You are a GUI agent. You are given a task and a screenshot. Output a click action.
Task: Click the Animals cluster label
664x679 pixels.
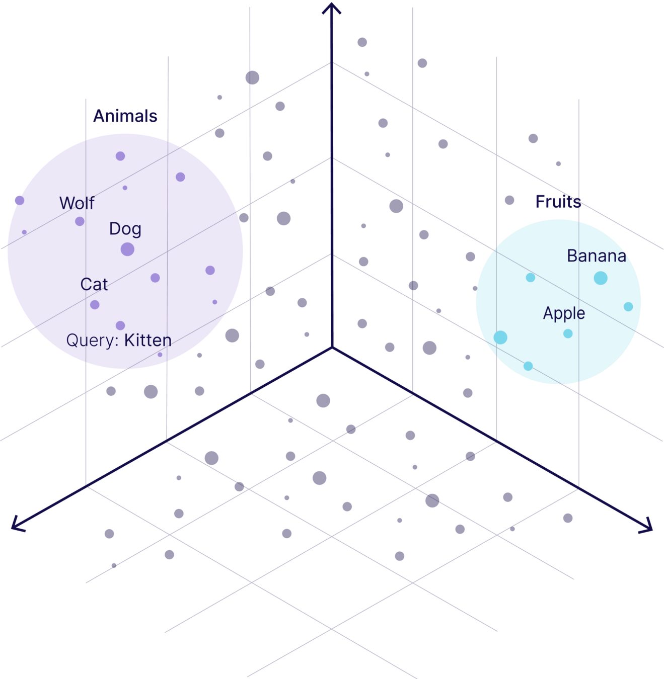pyautogui.click(x=125, y=116)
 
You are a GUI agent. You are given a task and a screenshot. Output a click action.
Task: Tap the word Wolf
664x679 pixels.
pyautogui.click(x=77, y=203)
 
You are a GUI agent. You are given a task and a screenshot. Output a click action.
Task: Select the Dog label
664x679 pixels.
pyautogui.click(x=125, y=229)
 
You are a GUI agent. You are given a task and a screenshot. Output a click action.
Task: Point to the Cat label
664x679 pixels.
pyautogui.click(x=94, y=284)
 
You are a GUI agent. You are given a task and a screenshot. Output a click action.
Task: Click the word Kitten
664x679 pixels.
pyautogui.click(x=147, y=340)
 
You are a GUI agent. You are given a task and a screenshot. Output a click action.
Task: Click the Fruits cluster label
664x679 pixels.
pyautogui.click(x=558, y=202)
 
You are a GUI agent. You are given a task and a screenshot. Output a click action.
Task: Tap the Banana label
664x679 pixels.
pyautogui.click(x=597, y=256)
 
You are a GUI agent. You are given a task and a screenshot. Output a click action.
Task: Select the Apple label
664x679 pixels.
pyautogui.click(x=564, y=313)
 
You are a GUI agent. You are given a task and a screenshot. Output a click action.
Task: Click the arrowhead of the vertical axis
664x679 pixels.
pyautogui.click(x=331, y=9)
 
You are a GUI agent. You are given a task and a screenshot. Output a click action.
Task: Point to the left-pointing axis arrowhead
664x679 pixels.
pyautogui.click(x=18, y=525)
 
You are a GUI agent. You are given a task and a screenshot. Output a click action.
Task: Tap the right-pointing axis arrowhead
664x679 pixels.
pyautogui.click(x=646, y=526)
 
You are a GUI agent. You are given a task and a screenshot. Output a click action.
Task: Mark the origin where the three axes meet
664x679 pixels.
pyautogui.click(x=332, y=347)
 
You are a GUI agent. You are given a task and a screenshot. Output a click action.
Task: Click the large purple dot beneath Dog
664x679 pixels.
pyautogui.click(x=127, y=249)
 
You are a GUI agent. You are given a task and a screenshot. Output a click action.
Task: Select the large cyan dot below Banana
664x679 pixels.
pyautogui.click(x=601, y=278)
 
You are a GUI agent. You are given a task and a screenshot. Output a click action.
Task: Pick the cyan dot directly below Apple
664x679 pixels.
pyautogui.click(x=568, y=333)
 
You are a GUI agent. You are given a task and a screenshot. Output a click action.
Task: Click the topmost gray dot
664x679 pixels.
pyautogui.click(x=362, y=42)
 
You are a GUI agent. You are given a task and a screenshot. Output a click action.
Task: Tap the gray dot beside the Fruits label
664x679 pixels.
pyautogui.click(x=509, y=200)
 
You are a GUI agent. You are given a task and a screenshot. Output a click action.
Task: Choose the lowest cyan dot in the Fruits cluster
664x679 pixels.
pyautogui.click(x=528, y=366)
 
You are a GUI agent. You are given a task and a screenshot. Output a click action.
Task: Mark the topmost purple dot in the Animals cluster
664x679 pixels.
pyautogui.click(x=120, y=156)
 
